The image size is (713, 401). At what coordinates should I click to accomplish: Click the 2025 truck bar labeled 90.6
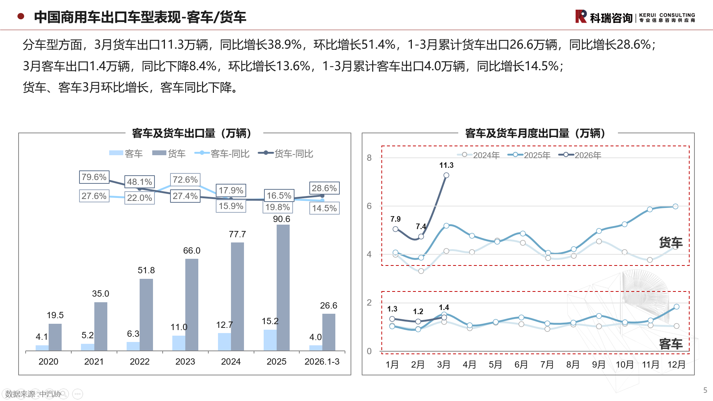283,288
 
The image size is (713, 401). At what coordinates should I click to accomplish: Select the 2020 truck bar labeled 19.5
55,337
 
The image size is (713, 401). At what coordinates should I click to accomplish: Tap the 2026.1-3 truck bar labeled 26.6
329,332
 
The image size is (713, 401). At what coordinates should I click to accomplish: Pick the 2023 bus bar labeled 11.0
179,343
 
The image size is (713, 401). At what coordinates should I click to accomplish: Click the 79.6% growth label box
94,177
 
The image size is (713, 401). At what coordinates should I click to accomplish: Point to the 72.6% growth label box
185,180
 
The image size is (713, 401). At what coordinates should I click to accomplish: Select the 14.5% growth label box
325,208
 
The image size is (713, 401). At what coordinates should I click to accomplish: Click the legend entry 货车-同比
286,153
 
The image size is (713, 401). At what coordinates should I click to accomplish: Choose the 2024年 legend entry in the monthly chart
479,155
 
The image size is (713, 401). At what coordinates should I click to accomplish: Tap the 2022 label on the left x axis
140,362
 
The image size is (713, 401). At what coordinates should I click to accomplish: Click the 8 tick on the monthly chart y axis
369,158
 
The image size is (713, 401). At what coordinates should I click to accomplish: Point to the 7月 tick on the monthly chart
547,365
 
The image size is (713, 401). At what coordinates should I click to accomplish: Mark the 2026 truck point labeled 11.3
446,175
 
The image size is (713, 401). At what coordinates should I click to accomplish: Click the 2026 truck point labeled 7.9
395,229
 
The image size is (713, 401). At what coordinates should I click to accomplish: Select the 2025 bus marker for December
676,307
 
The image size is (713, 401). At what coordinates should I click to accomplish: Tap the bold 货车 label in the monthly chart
671,243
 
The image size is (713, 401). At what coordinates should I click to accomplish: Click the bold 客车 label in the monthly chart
671,344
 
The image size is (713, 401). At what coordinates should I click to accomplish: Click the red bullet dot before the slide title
21,16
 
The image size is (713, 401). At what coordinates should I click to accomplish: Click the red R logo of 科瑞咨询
581,16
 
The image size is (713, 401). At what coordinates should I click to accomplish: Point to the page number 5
705,390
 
